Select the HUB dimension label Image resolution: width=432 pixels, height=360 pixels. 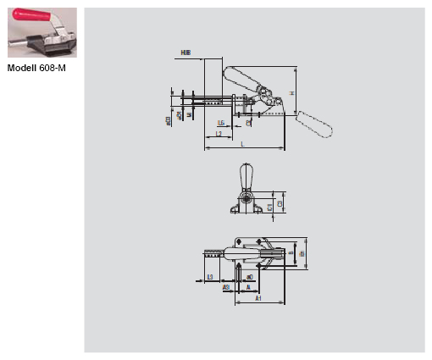click(x=186, y=53)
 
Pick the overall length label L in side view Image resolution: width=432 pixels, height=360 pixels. click(x=242, y=145)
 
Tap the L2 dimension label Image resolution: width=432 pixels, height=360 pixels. click(x=218, y=134)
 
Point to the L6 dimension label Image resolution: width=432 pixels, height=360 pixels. click(x=220, y=122)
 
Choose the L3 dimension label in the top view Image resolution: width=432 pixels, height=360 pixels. click(x=210, y=277)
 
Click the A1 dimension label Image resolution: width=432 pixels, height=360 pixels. click(x=257, y=298)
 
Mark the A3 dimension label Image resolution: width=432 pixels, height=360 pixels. click(x=226, y=287)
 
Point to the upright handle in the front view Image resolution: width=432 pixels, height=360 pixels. click(x=246, y=177)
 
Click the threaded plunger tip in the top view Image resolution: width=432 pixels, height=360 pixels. click(x=211, y=252)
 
